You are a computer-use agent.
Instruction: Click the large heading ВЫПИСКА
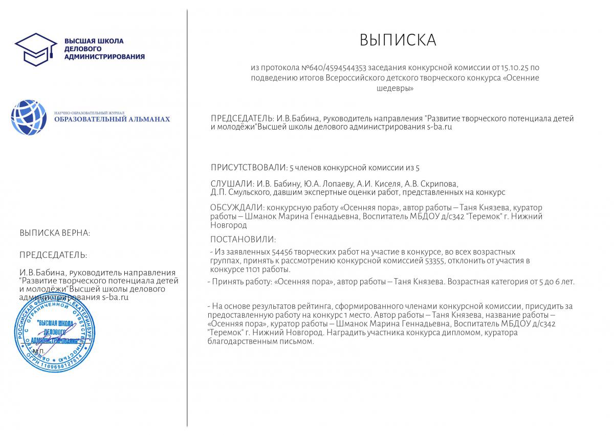click(398, 40)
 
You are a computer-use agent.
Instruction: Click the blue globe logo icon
click(29, 118)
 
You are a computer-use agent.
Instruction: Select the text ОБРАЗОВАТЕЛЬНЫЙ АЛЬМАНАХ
click(112, 119)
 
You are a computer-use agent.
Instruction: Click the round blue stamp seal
click(54, 333)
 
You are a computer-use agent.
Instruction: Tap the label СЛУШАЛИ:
click(232, 183)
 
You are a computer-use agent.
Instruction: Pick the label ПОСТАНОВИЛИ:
click(243, 239)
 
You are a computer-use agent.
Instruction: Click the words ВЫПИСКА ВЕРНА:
click(55, 233)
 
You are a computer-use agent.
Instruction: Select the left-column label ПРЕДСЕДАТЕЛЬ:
click(53, 255)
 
